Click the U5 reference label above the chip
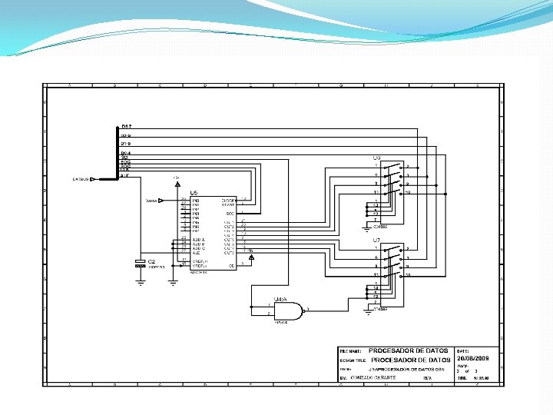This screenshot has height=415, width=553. [x=194, y=192]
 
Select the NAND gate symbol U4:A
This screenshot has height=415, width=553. [x=286, y=310]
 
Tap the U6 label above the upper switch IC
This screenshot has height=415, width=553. [x=376, y=158]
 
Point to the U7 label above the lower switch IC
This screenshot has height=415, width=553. [x=376, y=241]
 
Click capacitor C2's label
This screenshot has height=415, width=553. [x=151, y=261]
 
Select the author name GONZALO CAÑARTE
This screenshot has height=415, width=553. [x=373, y=378]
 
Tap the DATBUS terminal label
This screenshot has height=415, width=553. [x=81, y=179]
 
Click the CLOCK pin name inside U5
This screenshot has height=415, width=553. [x=229, y=200]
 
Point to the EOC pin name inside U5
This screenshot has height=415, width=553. [x=230, y=214]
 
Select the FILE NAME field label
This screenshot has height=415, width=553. [x=351, y=351]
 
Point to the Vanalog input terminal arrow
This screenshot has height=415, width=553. [x=161, y=201]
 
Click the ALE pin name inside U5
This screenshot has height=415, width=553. [x=196, y=253]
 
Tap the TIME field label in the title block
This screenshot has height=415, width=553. [x=462, y=378]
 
